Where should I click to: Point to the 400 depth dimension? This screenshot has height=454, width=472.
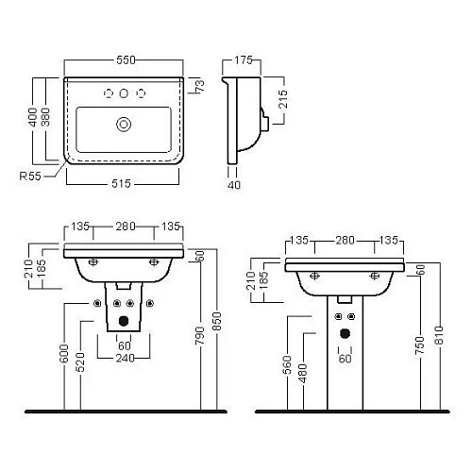click(32, 119)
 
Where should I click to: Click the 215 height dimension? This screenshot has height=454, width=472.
click(282, 99)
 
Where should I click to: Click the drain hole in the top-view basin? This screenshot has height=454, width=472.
click(123, 122)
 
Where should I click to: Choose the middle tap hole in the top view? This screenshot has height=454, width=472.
click(124, 92)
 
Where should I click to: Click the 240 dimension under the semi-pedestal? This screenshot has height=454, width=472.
click(125, 360)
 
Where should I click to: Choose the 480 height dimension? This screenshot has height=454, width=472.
click(302, 372)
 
